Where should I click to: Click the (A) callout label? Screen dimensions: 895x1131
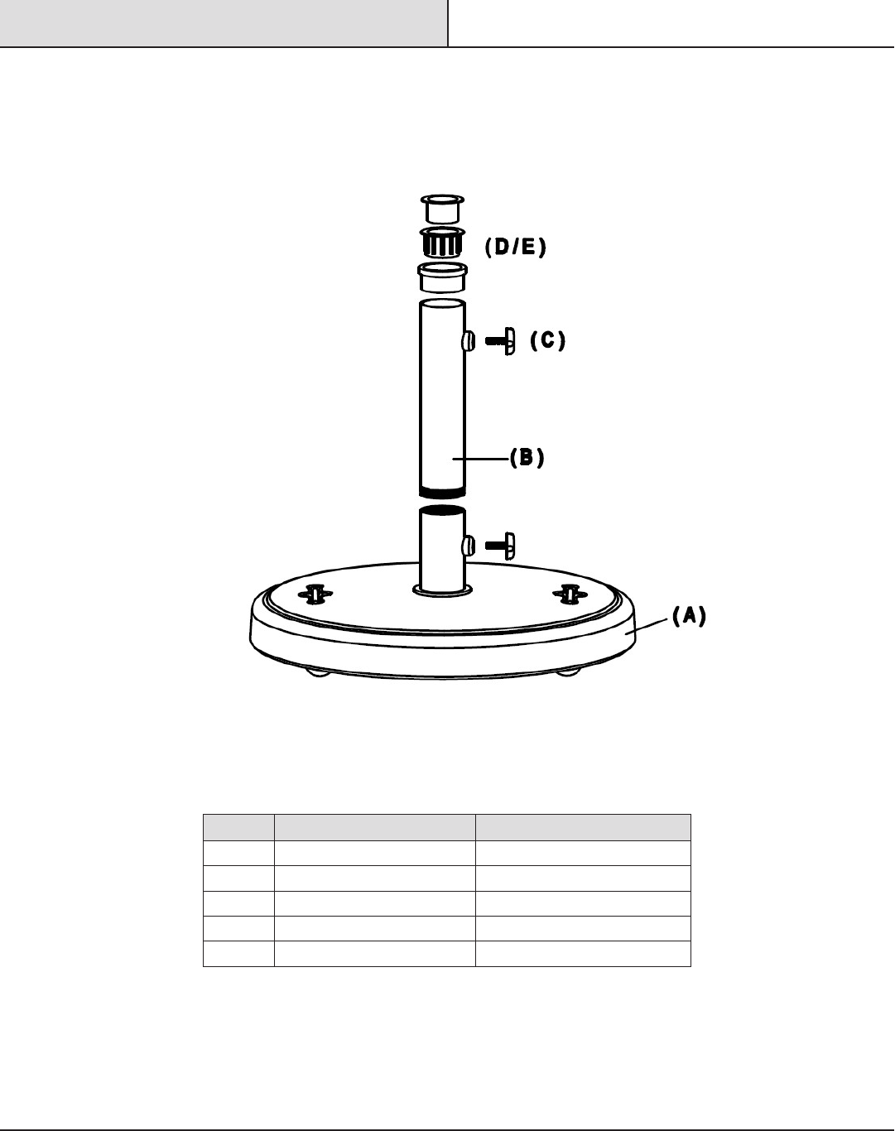[689, 615]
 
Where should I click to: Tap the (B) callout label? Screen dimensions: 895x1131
[527, 457]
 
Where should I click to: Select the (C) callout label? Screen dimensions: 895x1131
[547, 340]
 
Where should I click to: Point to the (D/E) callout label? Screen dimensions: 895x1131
[515, 247]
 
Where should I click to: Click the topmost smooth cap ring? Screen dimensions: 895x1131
[442, 209]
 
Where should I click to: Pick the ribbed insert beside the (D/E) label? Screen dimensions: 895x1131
[442, 243]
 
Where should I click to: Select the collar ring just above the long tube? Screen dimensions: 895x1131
[442, 277]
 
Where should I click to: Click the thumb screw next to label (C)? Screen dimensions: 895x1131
[500, 341]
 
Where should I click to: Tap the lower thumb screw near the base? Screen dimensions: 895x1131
[500, 546]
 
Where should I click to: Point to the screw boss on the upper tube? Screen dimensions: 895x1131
[469, 342]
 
